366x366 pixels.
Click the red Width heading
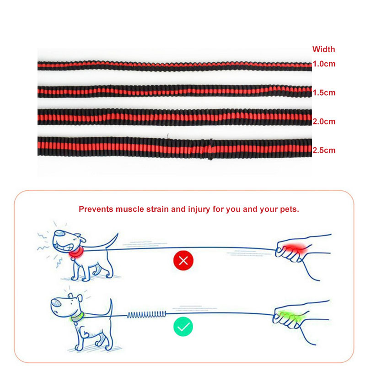[323, 49]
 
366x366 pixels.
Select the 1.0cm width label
[323, 64]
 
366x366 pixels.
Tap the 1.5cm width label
[323, 93]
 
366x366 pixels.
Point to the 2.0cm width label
[323, 122]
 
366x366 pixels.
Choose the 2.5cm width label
[323, 150]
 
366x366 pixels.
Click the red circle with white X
[183, 261]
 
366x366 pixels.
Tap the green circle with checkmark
[183, 327]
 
